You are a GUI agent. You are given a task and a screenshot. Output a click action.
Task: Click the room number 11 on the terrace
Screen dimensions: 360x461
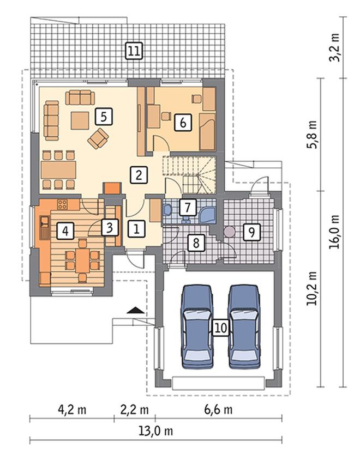click(x=134, y=51)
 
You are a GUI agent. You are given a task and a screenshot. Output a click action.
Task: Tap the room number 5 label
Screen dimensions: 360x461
click(x=104, y=117)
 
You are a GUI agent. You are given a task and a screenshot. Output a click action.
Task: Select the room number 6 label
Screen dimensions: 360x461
click(x=183, y=122)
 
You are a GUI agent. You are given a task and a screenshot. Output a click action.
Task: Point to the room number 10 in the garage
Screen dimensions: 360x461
click(x=221, y=327)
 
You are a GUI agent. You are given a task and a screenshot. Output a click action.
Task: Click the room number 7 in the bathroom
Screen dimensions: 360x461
click(x=187, y=207)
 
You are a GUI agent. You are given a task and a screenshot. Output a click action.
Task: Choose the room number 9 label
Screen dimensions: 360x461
click(x=251, y=232)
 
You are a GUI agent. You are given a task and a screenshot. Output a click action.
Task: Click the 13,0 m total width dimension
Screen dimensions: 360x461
click(x=156, y=431)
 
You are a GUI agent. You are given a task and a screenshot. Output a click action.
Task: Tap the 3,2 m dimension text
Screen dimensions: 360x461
click(x=335, y=47)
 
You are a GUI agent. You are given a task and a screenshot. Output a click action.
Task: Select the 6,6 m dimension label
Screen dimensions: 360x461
click(x=218, y=409)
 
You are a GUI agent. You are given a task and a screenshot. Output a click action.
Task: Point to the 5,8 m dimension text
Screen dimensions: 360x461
click(x=313, y=135)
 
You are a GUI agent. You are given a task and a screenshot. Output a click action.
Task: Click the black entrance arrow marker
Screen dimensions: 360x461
click(x=136, y=311)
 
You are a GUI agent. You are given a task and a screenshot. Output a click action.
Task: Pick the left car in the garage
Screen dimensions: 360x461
click(x=197, y=326)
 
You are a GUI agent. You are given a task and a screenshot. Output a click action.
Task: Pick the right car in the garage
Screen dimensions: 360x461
click(x=244, y=326)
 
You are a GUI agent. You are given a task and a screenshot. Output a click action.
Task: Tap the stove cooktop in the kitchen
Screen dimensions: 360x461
click(x=62, y=204)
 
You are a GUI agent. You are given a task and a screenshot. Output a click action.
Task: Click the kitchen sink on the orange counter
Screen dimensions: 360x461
click(x=45, y=227)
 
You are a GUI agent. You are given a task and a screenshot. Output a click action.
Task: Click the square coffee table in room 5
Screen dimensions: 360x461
click(x=80, y=120)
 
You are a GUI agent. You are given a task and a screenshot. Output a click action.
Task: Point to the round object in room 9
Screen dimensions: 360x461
click(x=229, y=232)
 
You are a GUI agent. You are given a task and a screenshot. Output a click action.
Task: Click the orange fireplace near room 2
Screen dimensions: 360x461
click(x=113, y=188)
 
